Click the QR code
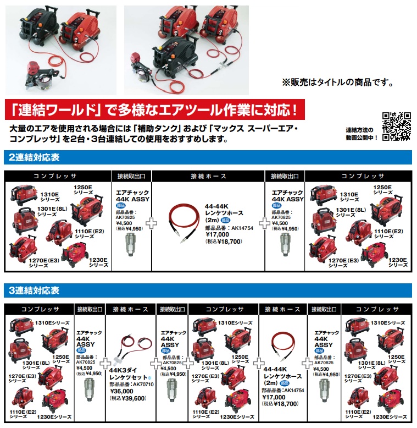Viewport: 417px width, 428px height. (397, 127)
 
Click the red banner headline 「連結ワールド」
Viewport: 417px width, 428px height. (57, 109)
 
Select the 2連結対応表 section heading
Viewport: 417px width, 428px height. (34, 157)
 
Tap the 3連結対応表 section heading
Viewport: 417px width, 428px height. (34, 290)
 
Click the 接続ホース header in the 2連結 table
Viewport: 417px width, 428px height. (209, 177)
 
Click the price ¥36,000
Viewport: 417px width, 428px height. (121, 391)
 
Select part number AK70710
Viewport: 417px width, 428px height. (143, 385)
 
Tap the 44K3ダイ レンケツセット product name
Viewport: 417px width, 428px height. (130, 374)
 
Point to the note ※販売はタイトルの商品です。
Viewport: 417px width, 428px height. (338, 82)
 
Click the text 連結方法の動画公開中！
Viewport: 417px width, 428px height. (362, 134)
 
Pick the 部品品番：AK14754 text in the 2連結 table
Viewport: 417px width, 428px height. (229, 228)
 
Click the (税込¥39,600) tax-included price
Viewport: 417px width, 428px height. (128, 398)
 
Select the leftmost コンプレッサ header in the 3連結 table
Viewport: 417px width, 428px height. (40, 309)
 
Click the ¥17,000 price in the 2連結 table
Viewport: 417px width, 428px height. (217, 234)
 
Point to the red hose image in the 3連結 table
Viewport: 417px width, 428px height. (283, 347)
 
